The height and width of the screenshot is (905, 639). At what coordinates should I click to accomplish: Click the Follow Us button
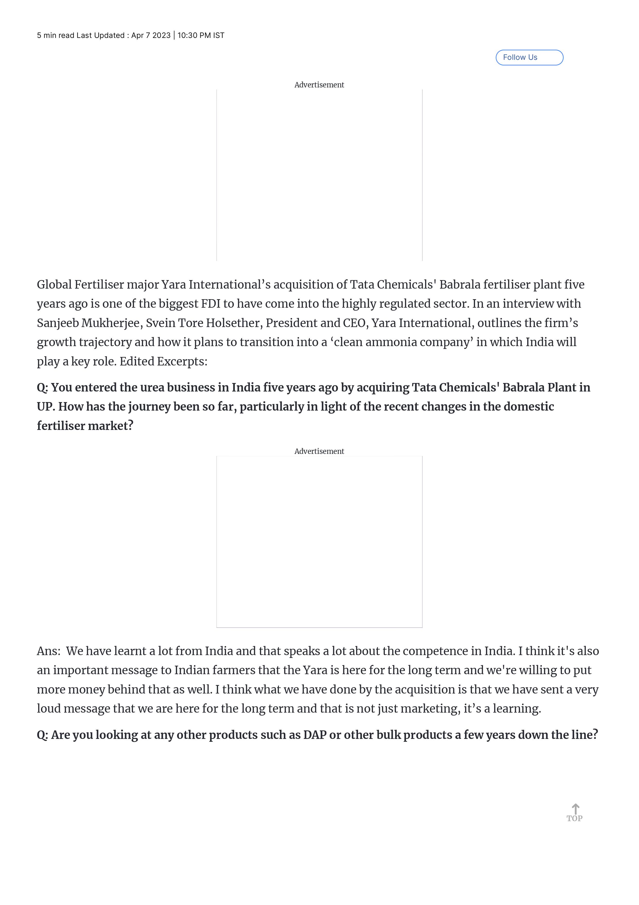pos(529,58)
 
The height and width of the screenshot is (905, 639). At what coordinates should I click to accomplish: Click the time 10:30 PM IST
pos(201,36)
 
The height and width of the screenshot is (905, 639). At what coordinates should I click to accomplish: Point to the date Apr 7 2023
pos(151,36)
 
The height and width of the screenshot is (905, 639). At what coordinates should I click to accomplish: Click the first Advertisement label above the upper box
pos(319,85)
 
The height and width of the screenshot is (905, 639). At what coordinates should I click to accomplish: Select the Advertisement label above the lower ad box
pos(319,451)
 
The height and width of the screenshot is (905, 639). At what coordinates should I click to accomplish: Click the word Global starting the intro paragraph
pos(54,284)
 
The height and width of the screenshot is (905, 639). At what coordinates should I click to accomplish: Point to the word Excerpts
pos(182,361)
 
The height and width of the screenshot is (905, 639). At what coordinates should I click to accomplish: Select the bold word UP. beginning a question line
pos(46,407)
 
